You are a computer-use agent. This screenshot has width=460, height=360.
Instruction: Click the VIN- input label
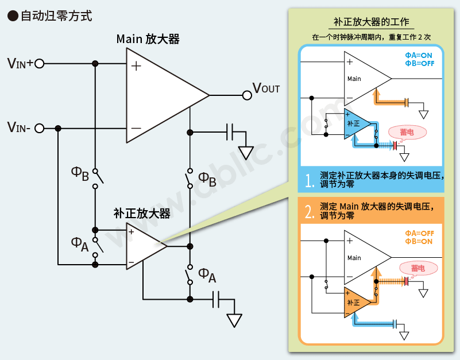20,127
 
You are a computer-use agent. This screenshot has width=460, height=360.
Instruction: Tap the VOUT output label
266,88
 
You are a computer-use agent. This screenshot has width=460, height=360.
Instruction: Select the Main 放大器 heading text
148,39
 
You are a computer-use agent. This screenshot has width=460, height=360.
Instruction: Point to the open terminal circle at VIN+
39,63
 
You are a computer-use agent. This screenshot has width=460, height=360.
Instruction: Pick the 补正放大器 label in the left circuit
142,214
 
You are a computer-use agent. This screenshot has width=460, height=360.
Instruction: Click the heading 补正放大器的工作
372,22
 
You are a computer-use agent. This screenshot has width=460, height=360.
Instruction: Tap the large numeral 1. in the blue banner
310,180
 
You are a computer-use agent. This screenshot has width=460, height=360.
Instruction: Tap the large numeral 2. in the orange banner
310,211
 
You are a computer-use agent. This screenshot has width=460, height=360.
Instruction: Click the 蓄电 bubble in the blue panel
408,131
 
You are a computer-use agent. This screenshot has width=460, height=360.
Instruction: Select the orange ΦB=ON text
419,241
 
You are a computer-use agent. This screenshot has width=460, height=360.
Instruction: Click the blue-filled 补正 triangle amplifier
355,123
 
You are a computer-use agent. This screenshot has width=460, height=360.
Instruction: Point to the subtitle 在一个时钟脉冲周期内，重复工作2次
371,37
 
